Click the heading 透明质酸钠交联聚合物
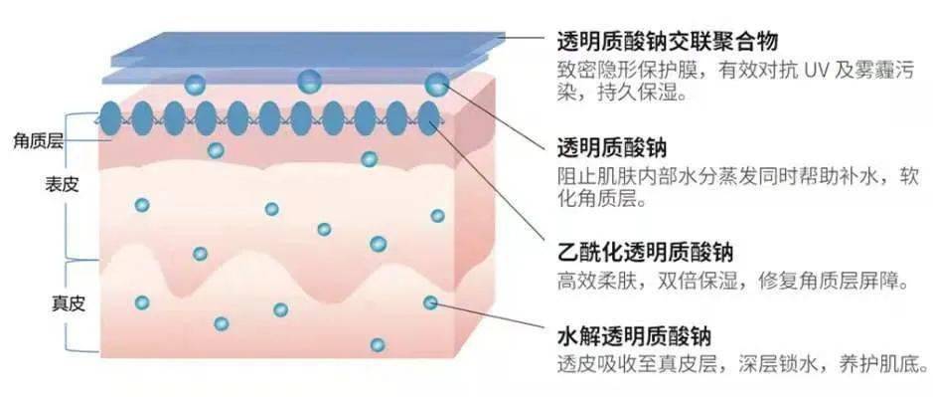[x=668, y=41]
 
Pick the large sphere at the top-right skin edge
[x=436, y=86]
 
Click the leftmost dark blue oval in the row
[x=110, y=118]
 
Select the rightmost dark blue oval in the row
[x=429, y=118]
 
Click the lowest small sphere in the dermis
[x=378, y=345]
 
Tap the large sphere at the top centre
[x=309, y=81]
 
